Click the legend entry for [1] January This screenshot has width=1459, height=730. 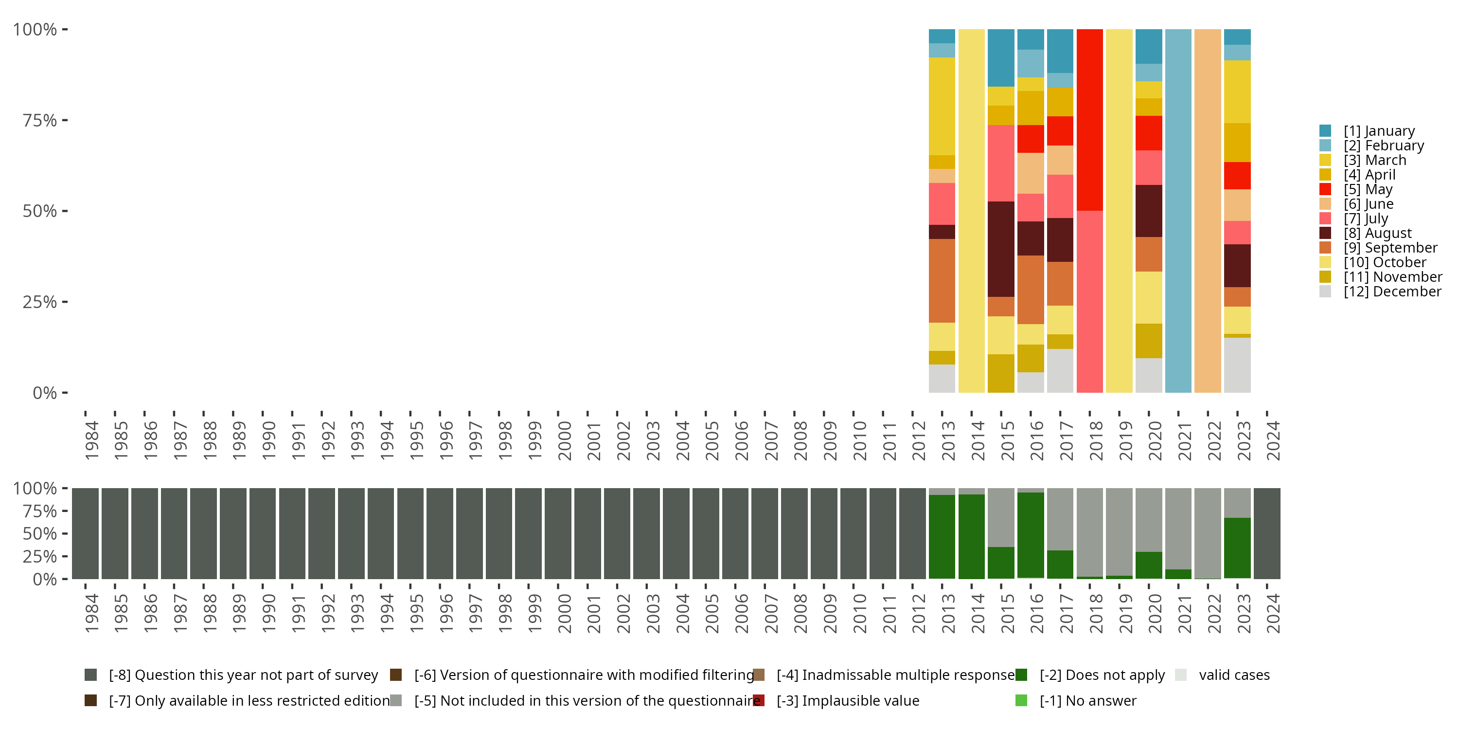[1379, 131]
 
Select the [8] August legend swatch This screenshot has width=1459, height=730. [1325, 233]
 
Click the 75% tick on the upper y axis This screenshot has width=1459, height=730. [40, 120]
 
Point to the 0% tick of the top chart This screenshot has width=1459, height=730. [44, 393]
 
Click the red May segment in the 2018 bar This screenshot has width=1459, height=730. [1090, 120]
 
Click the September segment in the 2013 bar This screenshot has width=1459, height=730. [942, 280]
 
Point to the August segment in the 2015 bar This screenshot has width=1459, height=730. [1001, 249]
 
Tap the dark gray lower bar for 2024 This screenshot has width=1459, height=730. [1267, 533]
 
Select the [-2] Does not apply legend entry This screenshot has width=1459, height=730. [1102, 675]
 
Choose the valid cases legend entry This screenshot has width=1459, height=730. [1233, 675]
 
